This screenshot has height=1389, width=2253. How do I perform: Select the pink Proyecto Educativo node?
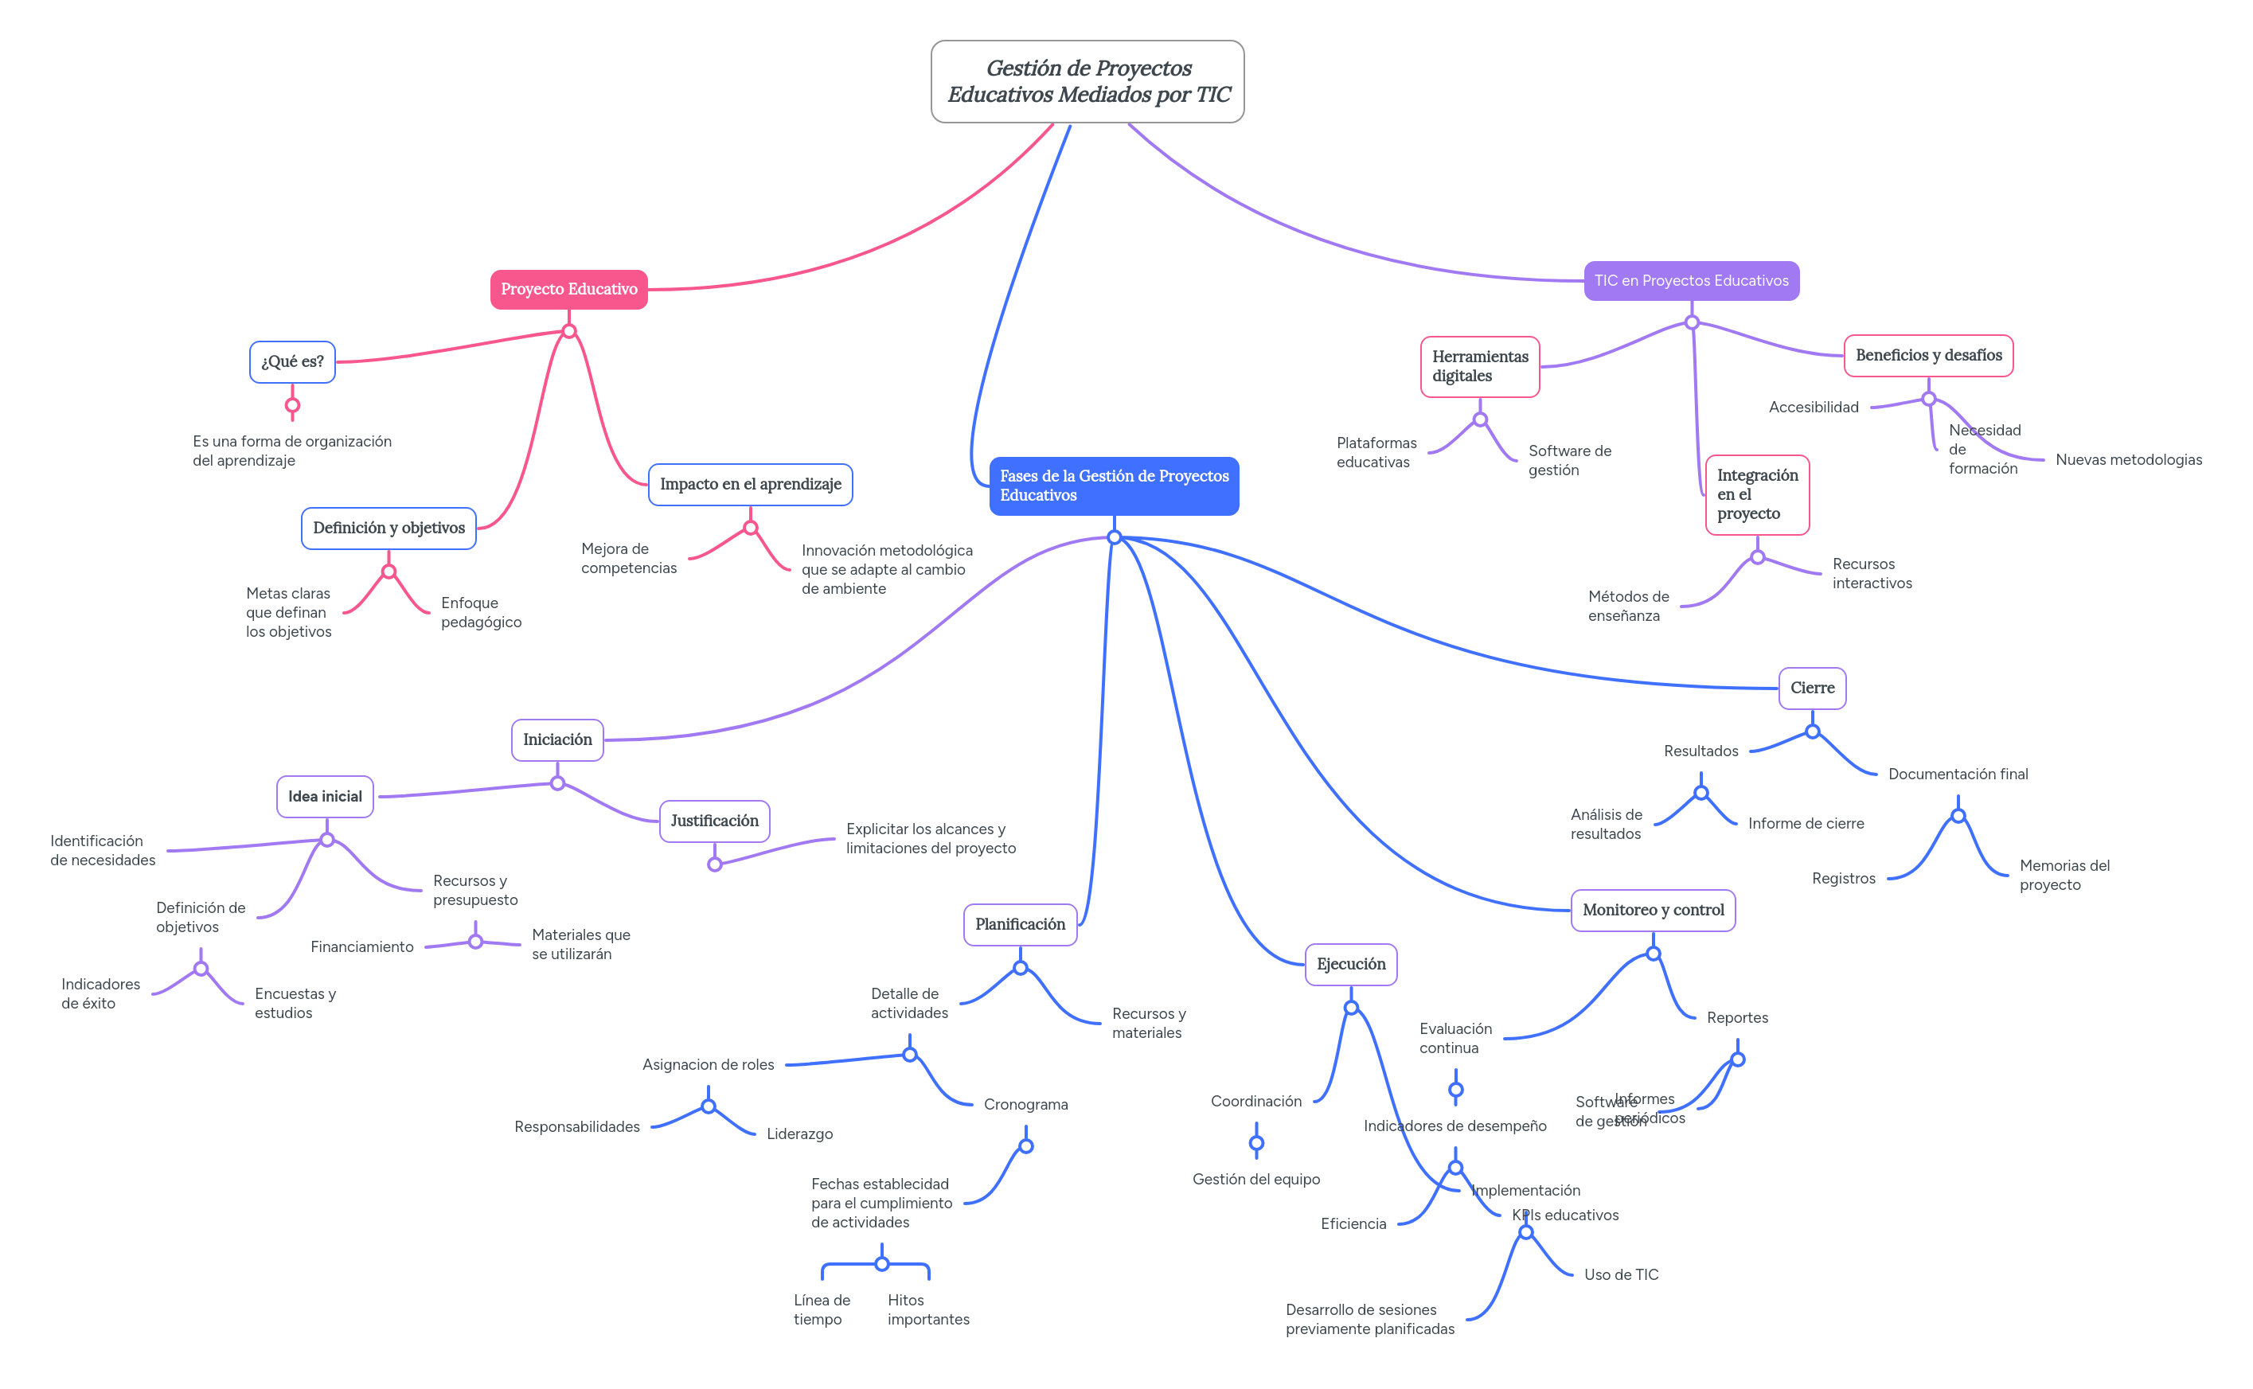click(x=568, y=290)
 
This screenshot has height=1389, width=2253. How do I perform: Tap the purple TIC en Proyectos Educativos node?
click(x=1691, y=280)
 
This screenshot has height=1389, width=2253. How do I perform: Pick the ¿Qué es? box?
click(x=292, y=362)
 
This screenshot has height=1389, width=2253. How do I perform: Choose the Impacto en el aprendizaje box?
click(x=750, y=484)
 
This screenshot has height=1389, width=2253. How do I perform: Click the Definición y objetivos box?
click(x=389, y=529)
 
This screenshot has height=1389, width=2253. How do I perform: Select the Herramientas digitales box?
click(x=1479, y=366)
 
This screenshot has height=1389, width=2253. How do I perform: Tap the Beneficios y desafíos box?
click(x=1927, y=356)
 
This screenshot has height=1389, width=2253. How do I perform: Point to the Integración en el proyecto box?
click(x=1757, y=494)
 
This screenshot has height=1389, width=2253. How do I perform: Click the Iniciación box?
click(x=556, y=739)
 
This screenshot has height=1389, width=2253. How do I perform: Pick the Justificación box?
click(x=714, y=821)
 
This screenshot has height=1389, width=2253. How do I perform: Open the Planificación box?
click(x=1020, y=924)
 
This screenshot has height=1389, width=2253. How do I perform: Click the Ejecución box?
click(x=1351, y=964)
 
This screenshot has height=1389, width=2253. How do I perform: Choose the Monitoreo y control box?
click(x=1653, y=910)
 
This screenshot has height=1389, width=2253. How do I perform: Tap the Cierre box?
click(x=1812, y=688)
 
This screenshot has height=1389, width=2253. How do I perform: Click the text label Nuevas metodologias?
click(x=2128, y=459)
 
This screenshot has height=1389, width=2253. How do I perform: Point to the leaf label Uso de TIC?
click(x=1621, y=1274)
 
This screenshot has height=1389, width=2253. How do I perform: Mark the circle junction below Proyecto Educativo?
click(x=568, y=330)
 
